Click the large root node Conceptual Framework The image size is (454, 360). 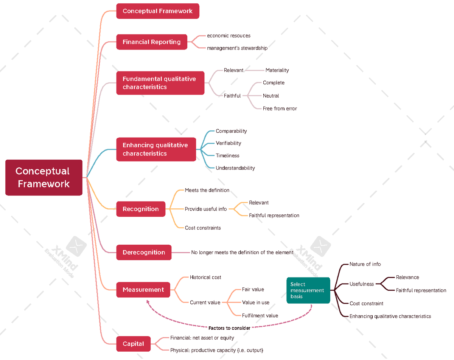(44, 177)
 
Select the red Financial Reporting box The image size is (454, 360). (152, 42)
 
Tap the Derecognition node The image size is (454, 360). (144, 252)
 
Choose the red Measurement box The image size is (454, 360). (143, 290)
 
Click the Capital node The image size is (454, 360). (134, 344)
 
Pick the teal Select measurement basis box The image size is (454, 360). (308, 290)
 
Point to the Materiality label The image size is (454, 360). (277, 70)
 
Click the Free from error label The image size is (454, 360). (280, 109)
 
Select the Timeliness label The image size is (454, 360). (227, 155)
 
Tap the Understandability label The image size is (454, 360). (235, 168)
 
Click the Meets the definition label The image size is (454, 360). (207, 190)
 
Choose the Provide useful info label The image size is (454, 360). (206, 209)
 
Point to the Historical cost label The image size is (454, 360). (205, 277)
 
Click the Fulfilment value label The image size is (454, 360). (260, 315)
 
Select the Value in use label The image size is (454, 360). (255, 302)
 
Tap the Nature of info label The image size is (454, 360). (365, 264)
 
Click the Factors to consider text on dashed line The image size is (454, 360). (229, 328)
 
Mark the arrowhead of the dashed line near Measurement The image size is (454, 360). (148, 301)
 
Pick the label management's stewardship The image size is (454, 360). (237, 48)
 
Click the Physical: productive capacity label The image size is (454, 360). (216, 350)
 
